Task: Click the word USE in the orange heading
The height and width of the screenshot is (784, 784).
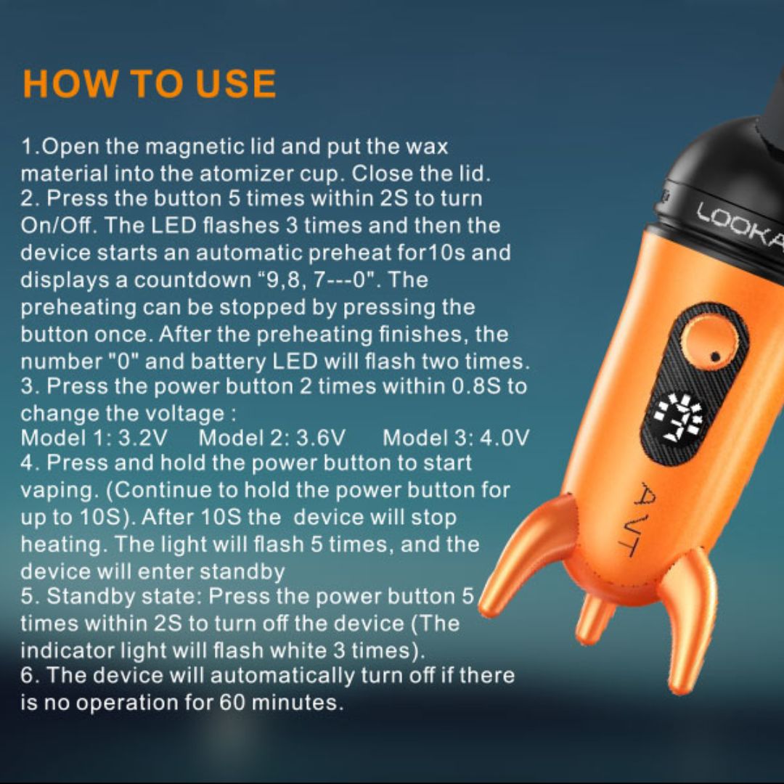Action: (235, 84)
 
